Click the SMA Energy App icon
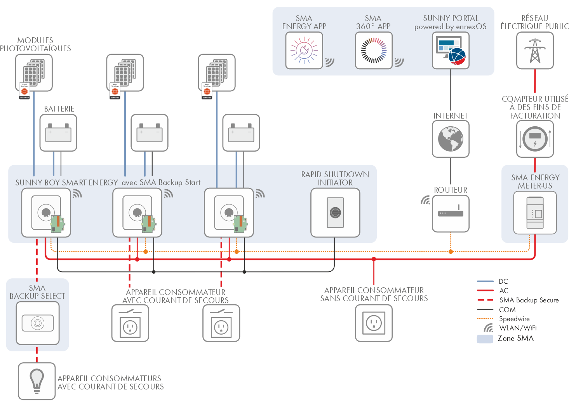(x=304, y=51)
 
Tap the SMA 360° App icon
(x=374, y=51)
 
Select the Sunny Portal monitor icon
(x=451, y=51)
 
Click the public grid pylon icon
(x=535, y=51)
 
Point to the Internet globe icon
(x=451, y=139)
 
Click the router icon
(x=451, y=213)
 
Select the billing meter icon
(x=535, y=139)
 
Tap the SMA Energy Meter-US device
(x=535, y=213)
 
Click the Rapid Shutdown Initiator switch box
(x=335, y=213)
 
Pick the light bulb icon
(x=37, y=381)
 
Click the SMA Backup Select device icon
(x=38, y=323)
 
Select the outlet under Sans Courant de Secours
(x=374, y=323)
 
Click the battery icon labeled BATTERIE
(x=58, y=133)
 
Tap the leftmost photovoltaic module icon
(x=34, y=73)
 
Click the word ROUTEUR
(x=451, y=190)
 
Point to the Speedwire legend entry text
(x=514, y=319)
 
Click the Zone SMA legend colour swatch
(x=485, y=339)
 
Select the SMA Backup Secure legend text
(x=529, y=300)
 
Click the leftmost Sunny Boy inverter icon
(x=46, y=213)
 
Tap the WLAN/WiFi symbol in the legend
(x=488, y=328)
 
